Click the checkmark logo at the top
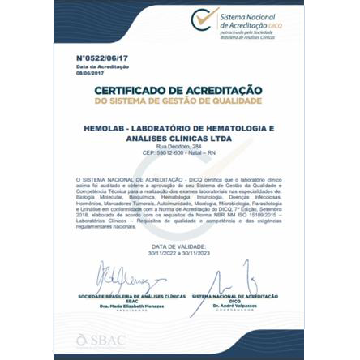click(x=204, y=19)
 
